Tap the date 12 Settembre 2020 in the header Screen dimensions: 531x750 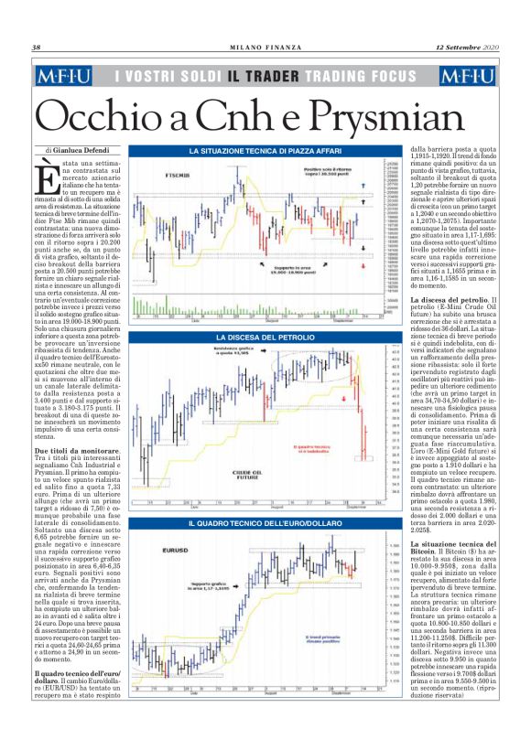[466, 48]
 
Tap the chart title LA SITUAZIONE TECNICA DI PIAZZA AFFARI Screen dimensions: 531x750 [265, 150]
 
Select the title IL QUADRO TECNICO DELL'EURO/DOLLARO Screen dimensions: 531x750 [265, 523]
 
